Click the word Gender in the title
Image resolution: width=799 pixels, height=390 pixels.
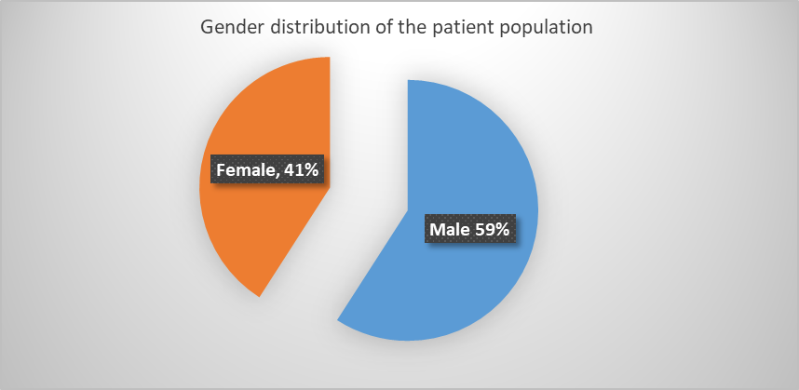(x=232, y=27)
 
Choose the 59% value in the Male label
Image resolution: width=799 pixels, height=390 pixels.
(x=493, y=230)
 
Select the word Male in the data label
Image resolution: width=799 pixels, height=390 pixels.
(x=450, y=230)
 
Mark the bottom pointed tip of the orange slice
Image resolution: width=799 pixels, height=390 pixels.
(x=260, y=296)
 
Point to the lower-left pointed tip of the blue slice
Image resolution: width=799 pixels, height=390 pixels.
(x=338, y=320)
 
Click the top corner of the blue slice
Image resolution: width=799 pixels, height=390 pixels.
(x=408, y=80)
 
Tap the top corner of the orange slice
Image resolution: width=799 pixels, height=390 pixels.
(x=330, y=57)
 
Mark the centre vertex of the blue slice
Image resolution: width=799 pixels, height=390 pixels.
(x=408, y=210)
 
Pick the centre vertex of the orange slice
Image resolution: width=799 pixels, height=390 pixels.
(x=330, y=187)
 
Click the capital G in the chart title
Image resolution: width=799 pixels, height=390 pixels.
(x=208, y=27)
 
